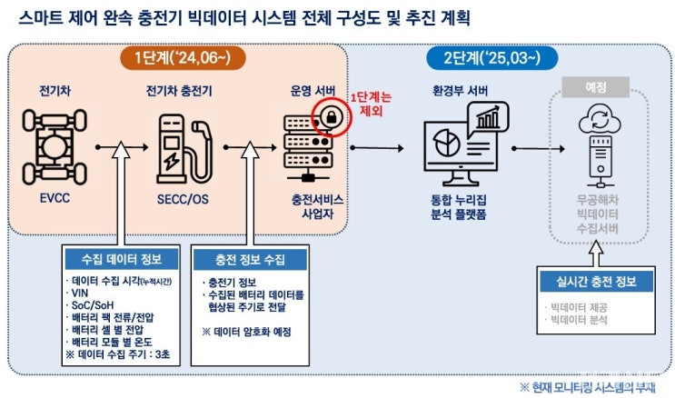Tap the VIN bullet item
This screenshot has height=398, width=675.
81,297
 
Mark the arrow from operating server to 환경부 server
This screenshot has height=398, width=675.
376,145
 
